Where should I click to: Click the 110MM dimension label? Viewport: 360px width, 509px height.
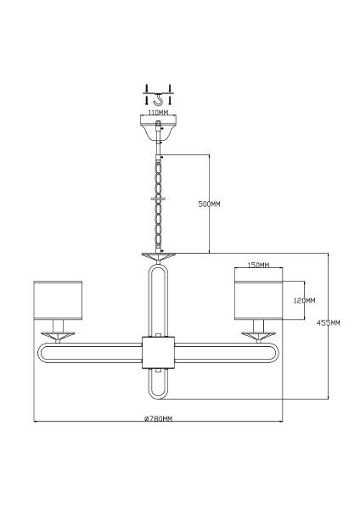tap(158, 113)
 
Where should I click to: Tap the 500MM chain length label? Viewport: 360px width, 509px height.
tap(209, 204)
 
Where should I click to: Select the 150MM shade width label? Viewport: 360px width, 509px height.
tap(258, 265)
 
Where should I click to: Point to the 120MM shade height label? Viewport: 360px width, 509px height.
tap(304, 300)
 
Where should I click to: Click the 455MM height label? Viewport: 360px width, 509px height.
tap(328, 322)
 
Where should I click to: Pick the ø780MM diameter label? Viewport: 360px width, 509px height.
tap(158, 418)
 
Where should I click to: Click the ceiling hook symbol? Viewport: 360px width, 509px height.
tap(158, 99)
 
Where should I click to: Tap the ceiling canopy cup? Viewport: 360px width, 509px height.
tap(158, 127)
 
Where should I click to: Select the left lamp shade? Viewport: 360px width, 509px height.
tap(58, 300)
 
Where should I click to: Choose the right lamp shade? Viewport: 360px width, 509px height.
tap(258, 300)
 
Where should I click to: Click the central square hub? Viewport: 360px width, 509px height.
tap(158, 353)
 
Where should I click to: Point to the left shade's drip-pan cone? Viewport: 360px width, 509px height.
tap(58, 336)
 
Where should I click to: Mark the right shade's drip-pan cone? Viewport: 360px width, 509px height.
tap(258, 336)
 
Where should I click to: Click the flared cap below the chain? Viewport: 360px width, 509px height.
tap(158, 257)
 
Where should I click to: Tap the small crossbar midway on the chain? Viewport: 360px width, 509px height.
tap(158, 199)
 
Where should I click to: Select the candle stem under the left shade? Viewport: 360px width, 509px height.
tap(58, 326)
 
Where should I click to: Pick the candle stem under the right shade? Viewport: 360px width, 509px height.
tap(258, 326)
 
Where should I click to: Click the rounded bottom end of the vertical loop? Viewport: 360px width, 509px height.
tap(158, 399)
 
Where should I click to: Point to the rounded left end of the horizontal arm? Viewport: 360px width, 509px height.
tap(39, 353)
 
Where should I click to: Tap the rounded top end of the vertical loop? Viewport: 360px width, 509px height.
tap(158, 265)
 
